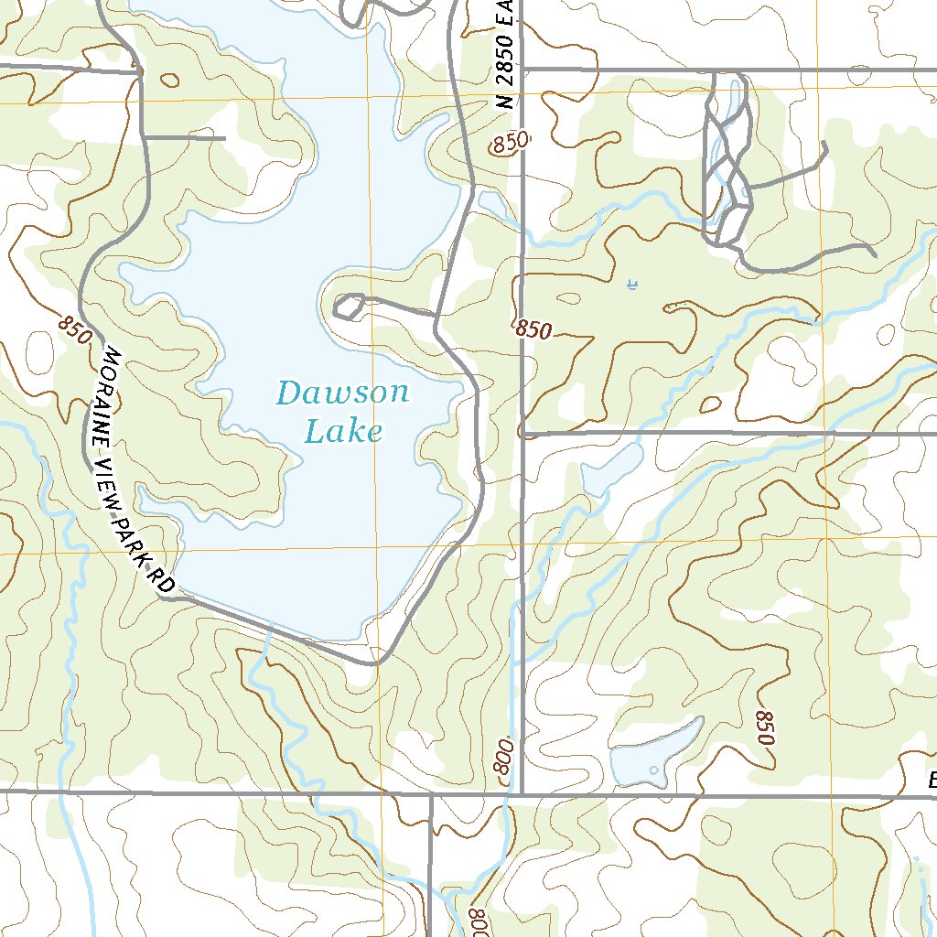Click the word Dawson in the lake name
click(x=342, y=393)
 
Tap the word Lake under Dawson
click(x=343, y=431)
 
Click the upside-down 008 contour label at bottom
click(x=478, y=915)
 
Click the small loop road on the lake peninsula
click(x=349, y=307)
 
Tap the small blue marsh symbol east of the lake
click(x=631, y=286)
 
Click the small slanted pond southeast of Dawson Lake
click(x=609, y=469)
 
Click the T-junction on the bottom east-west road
click(x=430, y=793)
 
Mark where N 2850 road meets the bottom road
click(x=521, y=793)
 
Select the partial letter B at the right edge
click(x=932, y=781)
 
